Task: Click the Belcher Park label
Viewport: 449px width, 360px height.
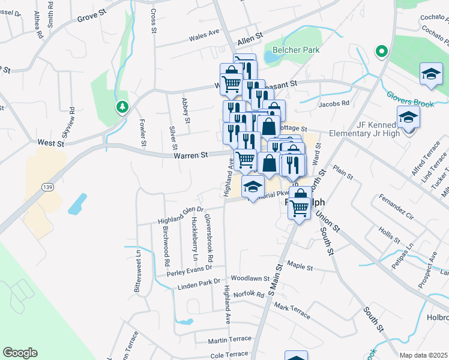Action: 296,50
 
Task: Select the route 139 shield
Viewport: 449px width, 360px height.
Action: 46,187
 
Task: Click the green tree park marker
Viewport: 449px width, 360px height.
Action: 122,107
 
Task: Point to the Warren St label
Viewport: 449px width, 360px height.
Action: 191,155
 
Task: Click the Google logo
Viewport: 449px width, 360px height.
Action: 20,353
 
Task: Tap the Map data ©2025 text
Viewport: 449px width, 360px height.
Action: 423,355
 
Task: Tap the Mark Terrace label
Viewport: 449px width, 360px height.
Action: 292,310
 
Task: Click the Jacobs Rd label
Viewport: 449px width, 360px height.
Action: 334,103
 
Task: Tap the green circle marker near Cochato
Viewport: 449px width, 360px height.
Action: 381,52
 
